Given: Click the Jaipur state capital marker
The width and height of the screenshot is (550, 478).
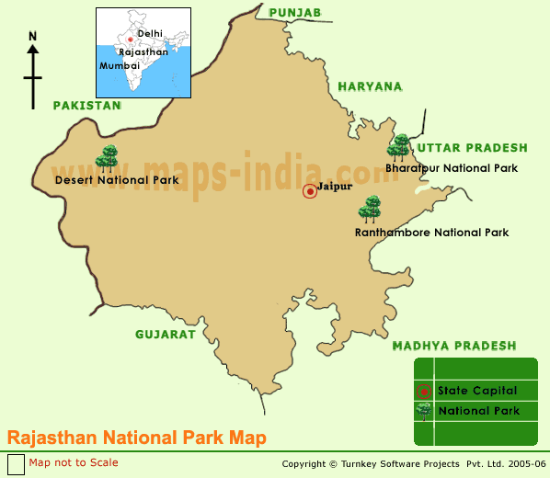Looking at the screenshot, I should [x=310, y=190].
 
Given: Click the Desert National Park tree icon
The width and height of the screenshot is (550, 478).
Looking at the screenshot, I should [x=108, y=157].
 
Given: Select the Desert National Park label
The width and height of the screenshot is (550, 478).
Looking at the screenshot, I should [x=117, y=180].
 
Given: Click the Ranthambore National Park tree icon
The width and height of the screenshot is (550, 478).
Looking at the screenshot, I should [x=370, y=209].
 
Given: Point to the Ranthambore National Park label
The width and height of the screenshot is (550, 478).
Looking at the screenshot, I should [x=431, y=233].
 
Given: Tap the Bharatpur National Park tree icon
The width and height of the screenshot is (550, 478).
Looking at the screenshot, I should [x=399, y=147].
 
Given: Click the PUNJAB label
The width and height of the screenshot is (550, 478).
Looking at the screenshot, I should [x=294, y=12].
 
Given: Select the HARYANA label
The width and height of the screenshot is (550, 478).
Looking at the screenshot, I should [x=370, y=86].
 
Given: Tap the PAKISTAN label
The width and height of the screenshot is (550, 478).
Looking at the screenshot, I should [x=86, y=106].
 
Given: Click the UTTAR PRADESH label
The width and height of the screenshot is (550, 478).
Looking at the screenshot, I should [x=472, y=148].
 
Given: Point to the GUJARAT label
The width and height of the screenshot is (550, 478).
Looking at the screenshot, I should [x=166, y=335].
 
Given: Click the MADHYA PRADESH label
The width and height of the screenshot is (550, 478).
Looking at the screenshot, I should [x=454, y=346].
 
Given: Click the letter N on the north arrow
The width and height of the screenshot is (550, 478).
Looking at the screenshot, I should [x=33, y=37].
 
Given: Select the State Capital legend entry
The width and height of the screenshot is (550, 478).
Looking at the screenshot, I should [x=476, y=391].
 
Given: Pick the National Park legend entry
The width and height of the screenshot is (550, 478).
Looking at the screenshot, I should [x=478, y=411].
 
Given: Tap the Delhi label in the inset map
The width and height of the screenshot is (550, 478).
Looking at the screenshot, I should [x=149, y=33].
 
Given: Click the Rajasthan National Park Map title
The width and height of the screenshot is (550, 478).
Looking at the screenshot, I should [x=137, y=438].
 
